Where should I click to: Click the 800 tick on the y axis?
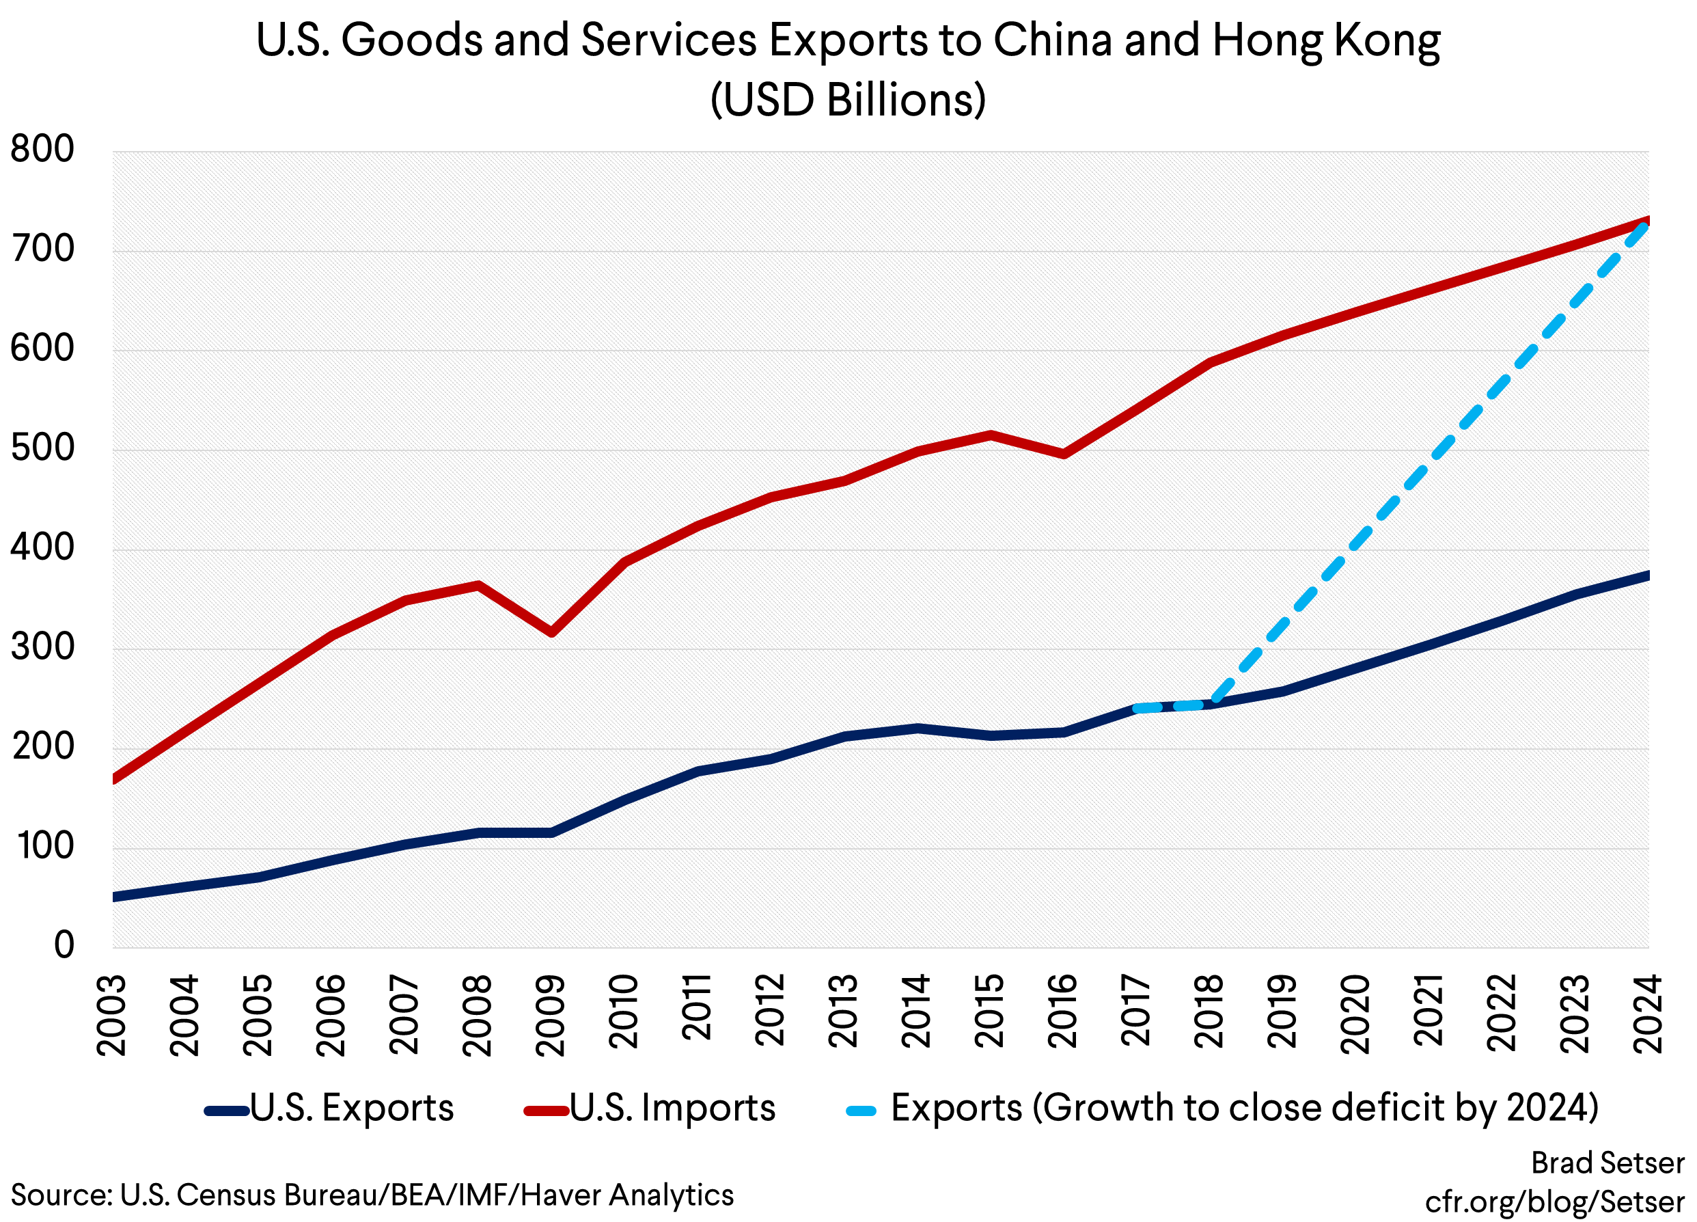[x=42, y=150]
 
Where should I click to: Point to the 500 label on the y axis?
[x=42, y=449]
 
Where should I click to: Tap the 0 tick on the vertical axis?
[x=64, y=946]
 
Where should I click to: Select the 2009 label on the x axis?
[x=551, y=1015]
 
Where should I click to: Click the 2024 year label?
[x=1647, y=1015]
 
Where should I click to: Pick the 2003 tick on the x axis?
[x=112, y=1015]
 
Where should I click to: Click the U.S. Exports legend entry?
[x=351, y=1109]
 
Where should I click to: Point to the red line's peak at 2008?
[x=478, y=585]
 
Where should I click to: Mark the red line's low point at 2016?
[x=1063, y=454]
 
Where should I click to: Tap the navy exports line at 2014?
[x=918, y=728]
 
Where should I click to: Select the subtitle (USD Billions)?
[x=848, y=100]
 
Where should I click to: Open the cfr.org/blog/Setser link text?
[x=1555, y=1201]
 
